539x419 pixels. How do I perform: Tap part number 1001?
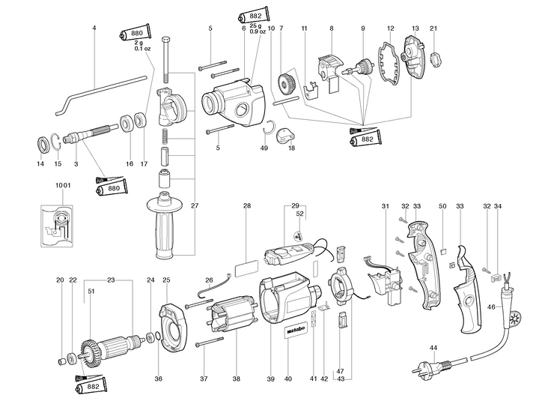(64, 184)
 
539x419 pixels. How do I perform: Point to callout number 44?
(433, 349)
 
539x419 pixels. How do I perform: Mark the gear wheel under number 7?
(287, 82)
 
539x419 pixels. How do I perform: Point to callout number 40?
(288, 379)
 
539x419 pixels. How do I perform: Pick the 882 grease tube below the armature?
(91, 391)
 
